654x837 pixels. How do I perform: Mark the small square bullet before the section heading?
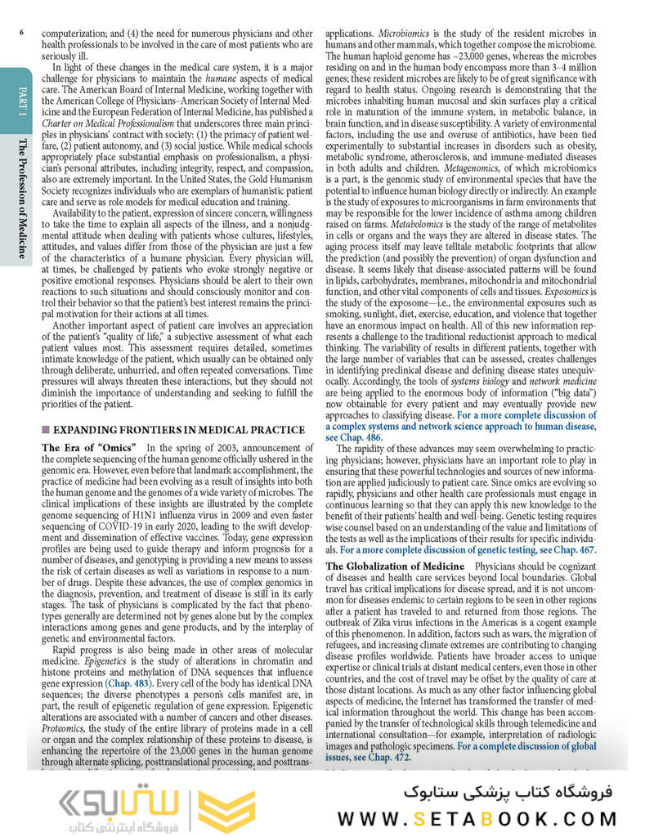coord(46,430)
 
